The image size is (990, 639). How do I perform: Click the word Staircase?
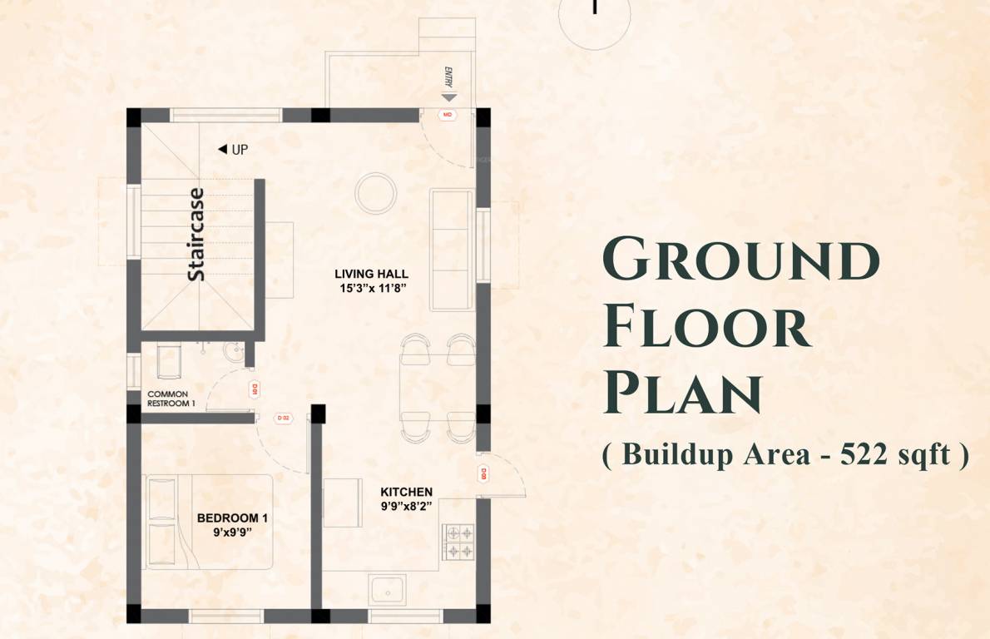point(196,235)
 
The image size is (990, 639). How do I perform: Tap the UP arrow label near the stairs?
point(233,150)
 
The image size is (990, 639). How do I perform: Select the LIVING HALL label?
point(371,274)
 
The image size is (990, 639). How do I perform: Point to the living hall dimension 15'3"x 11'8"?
point(371,288)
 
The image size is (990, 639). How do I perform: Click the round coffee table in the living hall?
point(375,193)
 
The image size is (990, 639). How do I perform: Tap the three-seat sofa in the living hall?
point(451,250)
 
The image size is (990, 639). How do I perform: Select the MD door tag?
point(448,115)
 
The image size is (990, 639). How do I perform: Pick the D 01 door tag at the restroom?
point(255,389)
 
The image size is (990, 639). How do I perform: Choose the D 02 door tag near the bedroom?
point(282,418)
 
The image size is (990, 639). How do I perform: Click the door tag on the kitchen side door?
point(483,475)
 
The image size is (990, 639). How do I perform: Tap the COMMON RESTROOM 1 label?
point(171,399)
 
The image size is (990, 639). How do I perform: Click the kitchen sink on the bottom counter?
point(387,589)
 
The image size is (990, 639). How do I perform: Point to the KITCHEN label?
point(406,492)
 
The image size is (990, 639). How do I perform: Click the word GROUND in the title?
point(740,260)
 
